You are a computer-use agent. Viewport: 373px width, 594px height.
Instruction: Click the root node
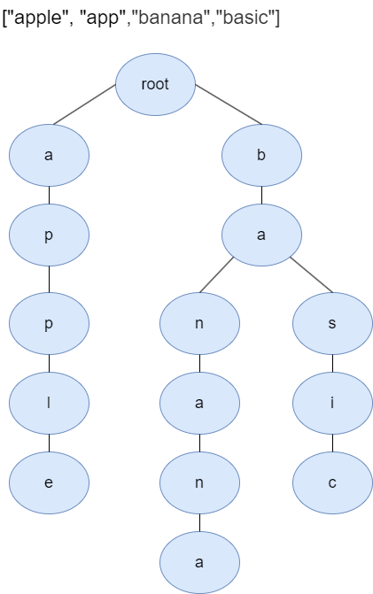(155, 84)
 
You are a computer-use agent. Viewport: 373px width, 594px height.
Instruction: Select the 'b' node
(261, 155)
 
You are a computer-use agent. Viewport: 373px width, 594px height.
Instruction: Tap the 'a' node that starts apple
(49, 155)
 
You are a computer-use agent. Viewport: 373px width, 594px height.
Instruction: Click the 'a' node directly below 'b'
(261, 235)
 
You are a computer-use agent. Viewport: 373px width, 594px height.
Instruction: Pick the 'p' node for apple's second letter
(49, 235)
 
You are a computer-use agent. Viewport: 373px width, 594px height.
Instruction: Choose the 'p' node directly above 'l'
(49, 323)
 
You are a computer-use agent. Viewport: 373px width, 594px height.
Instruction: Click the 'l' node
(49, 403)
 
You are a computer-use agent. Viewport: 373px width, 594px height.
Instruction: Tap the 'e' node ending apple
(49, 482)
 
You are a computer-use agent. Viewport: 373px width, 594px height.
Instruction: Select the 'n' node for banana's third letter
(199, 323)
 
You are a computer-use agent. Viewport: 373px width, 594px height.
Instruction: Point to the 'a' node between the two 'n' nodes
(199, 403)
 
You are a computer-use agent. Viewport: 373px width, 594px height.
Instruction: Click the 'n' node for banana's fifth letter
(199, 482)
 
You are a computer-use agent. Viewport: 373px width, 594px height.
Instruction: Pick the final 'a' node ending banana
(199, 562)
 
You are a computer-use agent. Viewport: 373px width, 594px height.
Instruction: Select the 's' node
(332, 323)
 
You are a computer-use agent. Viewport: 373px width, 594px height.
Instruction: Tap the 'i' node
(332, 403)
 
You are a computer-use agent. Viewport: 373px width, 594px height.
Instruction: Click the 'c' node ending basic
(332, 482)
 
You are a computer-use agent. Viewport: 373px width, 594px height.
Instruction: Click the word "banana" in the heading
(169, 18)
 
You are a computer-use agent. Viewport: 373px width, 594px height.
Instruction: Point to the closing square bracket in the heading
(277, 18)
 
